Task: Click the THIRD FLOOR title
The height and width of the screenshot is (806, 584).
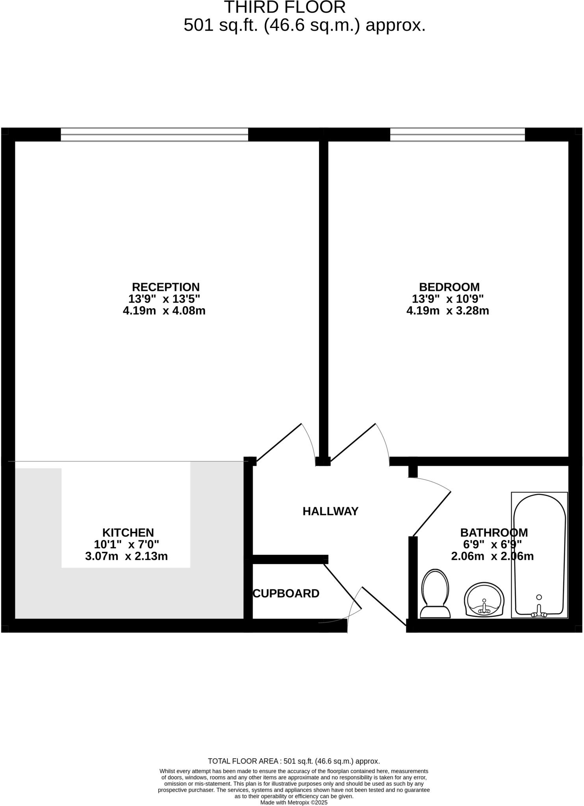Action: [285, 7]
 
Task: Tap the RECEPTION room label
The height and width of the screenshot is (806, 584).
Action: [165, 287]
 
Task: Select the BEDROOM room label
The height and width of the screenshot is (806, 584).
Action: [449, 287]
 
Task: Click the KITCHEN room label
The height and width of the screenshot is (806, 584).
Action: [128, 532]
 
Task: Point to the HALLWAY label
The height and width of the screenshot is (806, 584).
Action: [330, 511]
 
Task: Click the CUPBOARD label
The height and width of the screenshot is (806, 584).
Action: [286, 593]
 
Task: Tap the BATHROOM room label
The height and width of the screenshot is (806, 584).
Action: [494, 532]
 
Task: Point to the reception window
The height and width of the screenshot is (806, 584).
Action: [154, 134]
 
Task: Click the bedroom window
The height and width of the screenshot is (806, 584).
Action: [457, 134]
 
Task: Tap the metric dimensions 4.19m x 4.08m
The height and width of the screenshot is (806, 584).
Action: [164, 311]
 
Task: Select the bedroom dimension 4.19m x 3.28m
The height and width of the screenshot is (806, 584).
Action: [448, 311]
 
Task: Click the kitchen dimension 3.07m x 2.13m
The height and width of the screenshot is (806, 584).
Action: [126, 556]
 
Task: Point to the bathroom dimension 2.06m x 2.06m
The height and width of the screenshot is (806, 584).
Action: [492, 556]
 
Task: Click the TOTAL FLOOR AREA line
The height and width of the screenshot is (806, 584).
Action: [294, 761]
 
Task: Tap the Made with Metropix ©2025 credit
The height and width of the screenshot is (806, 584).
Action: [294, 802]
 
